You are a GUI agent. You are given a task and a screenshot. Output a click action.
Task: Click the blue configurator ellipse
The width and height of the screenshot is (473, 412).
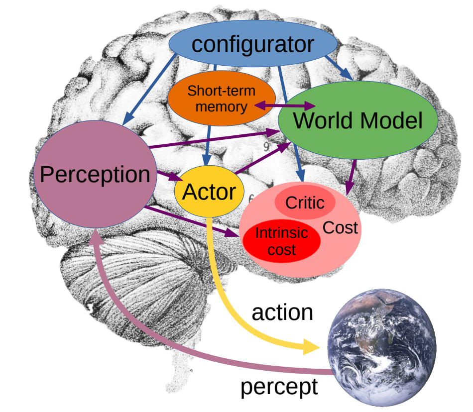pyautogui.click(x=253, y=44)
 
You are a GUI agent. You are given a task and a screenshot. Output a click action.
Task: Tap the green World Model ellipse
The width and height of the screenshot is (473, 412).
pyautogui.click(x=357, y=120)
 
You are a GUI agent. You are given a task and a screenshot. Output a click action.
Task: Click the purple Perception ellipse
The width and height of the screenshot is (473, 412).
pyautogui.click(x=95, y=174)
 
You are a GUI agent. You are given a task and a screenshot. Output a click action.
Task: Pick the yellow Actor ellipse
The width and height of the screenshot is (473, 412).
pyautogui.click(x=209, y=191)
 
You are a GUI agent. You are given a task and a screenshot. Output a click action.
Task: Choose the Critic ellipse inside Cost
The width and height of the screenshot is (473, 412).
pyautogui.click(x=304, y=203)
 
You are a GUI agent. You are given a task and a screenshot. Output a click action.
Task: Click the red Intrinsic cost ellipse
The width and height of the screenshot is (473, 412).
pyautogui.click(x=282, y=241)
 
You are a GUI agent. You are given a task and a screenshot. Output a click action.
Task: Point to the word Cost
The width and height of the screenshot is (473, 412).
pyautogui.click(x=341, y=228)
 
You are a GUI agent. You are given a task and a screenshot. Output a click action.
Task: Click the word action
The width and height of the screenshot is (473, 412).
pyautogui.click(x=282, y=312)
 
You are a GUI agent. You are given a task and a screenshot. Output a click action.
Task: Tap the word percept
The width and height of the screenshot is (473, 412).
pyautogui.click(x=279, y=387)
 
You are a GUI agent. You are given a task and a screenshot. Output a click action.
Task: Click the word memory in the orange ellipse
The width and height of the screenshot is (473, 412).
pyautogui.click(x=225, y=106)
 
